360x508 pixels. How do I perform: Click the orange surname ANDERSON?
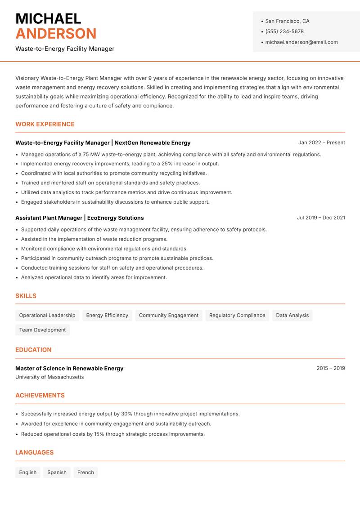click(x=56, y=34)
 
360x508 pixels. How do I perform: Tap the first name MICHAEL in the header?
click(x=48, y=18)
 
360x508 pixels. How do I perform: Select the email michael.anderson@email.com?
click(x=301, y=42)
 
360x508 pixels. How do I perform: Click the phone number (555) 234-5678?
click(x=284, y=31)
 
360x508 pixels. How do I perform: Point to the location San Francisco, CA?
click(x=287, y=21)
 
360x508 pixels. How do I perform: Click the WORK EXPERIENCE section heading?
click(x=45, y=124)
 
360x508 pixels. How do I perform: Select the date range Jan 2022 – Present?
click(x=321, y=143)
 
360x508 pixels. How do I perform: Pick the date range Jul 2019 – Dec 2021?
click(x=321, y=218)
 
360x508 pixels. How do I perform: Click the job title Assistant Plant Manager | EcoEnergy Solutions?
click(x=80, y=218)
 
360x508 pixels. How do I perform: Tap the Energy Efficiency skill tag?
click(x=107, y=315)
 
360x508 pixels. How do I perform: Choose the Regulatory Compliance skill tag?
click(x=237, y=315)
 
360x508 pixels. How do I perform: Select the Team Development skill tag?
click(x=42, y=330)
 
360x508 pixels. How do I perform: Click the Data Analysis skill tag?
click(x=292, y=315)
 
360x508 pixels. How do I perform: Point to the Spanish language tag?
click(x=57, y=472)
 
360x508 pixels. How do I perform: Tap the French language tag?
click(x=85, y=472)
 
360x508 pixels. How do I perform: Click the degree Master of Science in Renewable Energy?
click(x=69, y=368)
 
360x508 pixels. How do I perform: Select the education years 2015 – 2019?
click(x=330, y=368)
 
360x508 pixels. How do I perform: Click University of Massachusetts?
click(x=49, y=377)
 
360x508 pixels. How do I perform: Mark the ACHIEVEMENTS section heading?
click(x=40, y=395)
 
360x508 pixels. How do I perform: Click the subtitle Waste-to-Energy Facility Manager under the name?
click(x=65, y=49)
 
